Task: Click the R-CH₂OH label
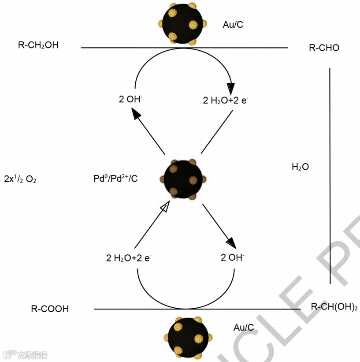[38, 45]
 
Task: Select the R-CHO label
[324, 48]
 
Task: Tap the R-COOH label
[50, 309]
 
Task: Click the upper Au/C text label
[233, 25]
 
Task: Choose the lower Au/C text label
[244, 327]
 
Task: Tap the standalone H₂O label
[300, 167]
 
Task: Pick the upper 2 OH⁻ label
[130, 100]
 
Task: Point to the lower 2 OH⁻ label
[232, 258]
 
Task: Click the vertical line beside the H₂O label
[330, 176]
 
